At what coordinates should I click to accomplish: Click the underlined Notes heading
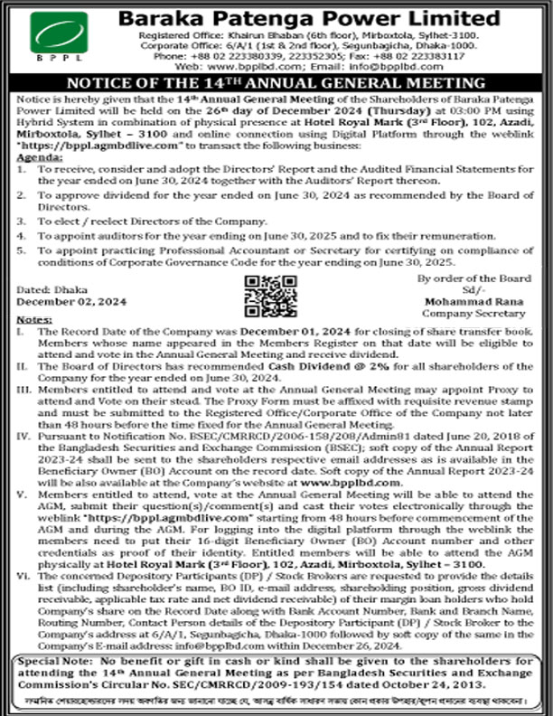click(x=34, y=321)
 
